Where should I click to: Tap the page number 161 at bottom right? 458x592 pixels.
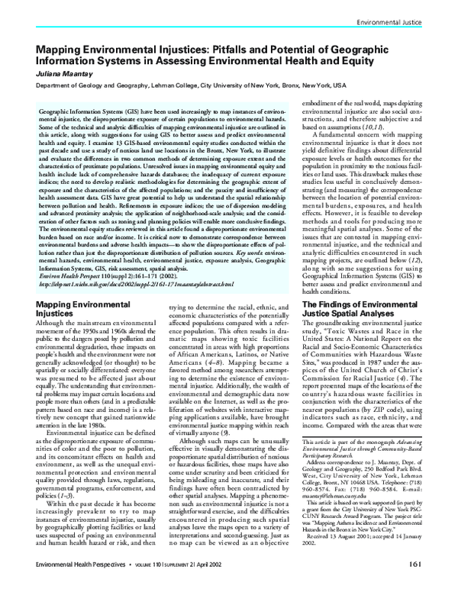[433, 584]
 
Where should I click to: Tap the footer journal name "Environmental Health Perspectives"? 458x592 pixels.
[67, 584]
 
